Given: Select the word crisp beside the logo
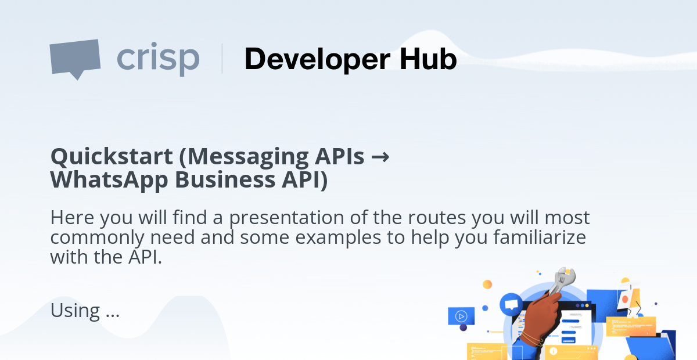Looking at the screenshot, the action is point(158,59).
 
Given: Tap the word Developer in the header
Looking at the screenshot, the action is point(317,59).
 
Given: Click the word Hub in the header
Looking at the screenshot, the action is point(428,59).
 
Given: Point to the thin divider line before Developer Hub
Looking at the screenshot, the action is point(222,59).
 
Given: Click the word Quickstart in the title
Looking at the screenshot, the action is point(112,157).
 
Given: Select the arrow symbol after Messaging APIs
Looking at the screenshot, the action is point(380,157).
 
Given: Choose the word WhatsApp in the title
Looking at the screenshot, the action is point(109,181).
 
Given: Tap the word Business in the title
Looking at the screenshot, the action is point(225,179).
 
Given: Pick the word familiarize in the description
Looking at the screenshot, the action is point(540,237).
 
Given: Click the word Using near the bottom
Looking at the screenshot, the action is point(75,310).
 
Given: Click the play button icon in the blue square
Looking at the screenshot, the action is point(461,316).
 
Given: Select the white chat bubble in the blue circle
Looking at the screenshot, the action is point(511,304).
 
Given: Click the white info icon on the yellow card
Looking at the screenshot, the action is point(553,351).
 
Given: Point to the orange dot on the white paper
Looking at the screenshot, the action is point(624,300).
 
